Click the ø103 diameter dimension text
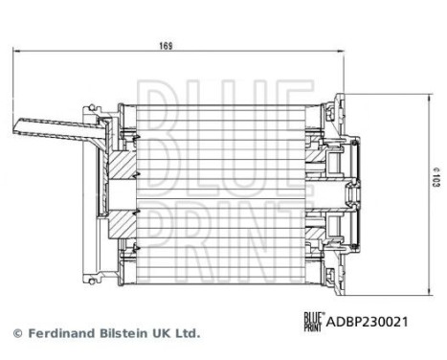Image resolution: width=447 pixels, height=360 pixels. point(434,177)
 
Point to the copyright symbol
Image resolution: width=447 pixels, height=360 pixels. point(15,334)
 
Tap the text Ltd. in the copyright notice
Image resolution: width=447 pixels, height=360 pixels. point(186,334)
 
